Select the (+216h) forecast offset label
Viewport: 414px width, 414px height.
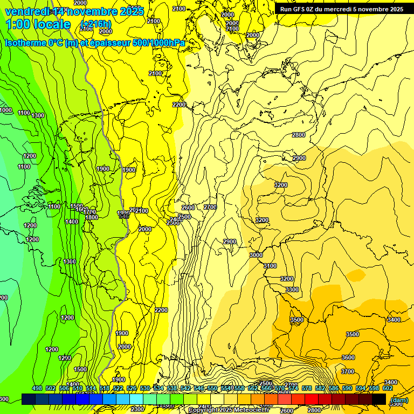tap(95, 24)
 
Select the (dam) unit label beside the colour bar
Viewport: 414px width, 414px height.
tap(399, 400)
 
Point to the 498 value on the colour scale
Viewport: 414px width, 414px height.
tap(37, 388)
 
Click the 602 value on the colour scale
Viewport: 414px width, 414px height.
tap(388, 388)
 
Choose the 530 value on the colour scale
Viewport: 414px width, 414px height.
tap(145, 388)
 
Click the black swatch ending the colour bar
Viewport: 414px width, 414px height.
tap(379, 399)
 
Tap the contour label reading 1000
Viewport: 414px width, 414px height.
tap(5, 110)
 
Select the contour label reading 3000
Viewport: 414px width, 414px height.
tap(256, 255)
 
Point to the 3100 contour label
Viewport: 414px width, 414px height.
tap(270, 266)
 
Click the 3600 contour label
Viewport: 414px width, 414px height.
tap(348, 357)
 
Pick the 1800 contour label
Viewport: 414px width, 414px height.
tap(92, 217)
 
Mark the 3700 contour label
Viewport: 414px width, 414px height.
tap(348, 371)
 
